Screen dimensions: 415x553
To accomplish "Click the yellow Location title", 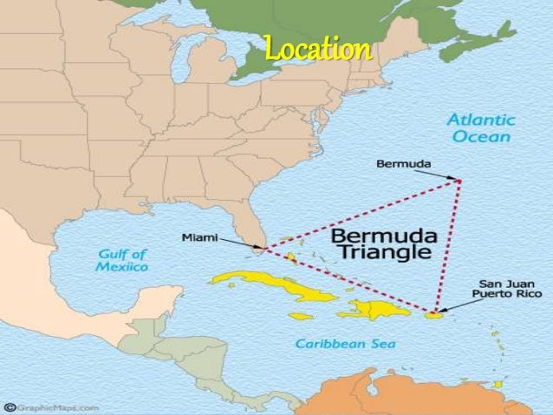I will (x=318, y=49).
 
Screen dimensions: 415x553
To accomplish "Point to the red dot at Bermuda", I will (x=459, y=181).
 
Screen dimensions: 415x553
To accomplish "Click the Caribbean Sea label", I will (x=345, y=344).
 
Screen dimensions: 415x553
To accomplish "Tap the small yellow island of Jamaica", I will (x=300, y=316).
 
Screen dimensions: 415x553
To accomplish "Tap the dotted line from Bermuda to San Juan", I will (x=448, y=243).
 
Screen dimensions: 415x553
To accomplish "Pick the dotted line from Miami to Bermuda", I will (x=364, y=213).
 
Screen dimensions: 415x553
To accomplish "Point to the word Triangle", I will (x=383, y=253).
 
